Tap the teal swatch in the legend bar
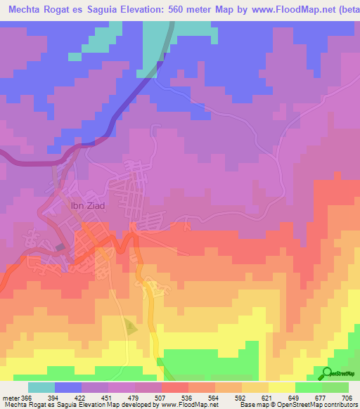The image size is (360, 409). (x=41, y=387)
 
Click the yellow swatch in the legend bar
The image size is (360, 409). (x=281, y=387)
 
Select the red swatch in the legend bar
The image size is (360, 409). (x=174, y=387)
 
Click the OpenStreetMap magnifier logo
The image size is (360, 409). (x=327, y=372)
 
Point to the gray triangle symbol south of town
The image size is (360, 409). (x=131, y=326)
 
